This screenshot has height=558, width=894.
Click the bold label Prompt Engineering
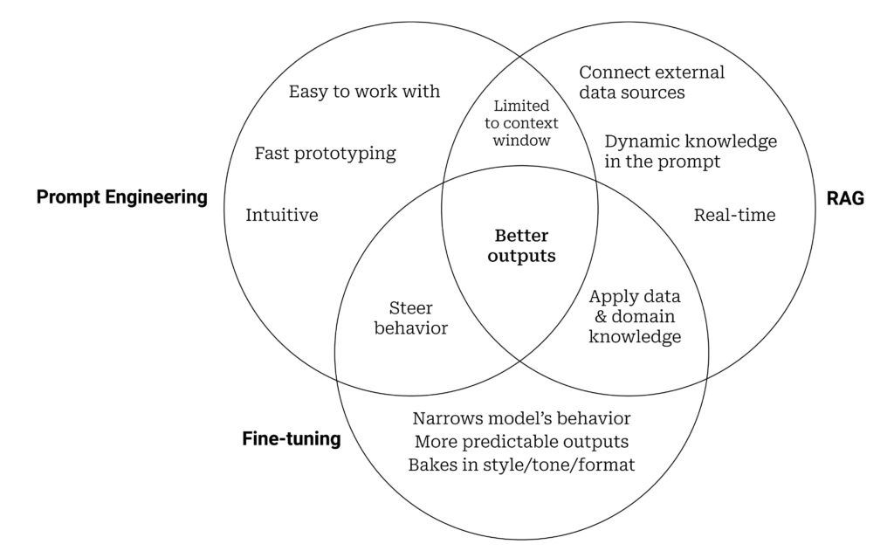121,197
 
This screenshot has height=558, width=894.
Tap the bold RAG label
844,199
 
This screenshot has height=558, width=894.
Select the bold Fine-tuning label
291,439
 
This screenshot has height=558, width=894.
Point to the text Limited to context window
522,123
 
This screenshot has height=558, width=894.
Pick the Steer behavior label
409,318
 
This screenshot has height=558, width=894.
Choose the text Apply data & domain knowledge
635,316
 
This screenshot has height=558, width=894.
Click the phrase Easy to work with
364,91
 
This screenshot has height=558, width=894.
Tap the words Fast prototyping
325,154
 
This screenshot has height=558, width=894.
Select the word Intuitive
281,215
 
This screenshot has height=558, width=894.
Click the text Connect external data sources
651,81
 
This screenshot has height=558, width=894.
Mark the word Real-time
734,215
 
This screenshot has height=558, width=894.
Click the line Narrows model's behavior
521,419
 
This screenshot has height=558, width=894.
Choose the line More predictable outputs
521,442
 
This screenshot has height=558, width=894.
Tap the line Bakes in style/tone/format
521,465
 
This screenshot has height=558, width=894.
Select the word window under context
522,140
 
